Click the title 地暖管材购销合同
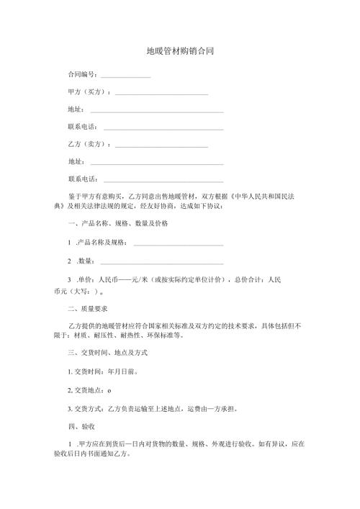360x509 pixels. click(180, 52)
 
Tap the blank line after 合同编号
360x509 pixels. click(125, 76)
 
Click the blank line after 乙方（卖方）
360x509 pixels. click(161, 146)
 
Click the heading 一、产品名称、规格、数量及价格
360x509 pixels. click(118, 224)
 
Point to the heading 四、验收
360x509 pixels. click(77, 426)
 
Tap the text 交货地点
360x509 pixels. click(85, 391)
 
